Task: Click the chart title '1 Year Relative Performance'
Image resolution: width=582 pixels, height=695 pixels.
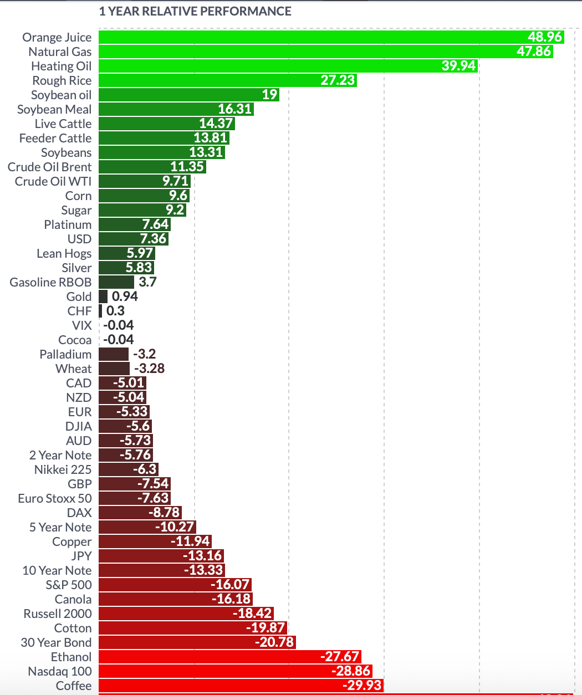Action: [195, 11]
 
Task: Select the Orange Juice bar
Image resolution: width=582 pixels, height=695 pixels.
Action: [310, 37]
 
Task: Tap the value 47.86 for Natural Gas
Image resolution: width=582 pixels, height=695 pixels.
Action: [534, 52]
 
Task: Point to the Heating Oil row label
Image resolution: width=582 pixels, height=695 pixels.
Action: [61, 66]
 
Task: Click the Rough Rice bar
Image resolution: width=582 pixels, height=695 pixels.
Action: [211, 80]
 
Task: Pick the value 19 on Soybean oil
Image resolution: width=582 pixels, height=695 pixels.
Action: [269, 95]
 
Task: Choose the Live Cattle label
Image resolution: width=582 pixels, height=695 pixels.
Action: [63, 124]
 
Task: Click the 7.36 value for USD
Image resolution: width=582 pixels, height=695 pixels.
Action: [153, 239]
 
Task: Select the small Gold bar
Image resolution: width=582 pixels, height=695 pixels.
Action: [103, 297]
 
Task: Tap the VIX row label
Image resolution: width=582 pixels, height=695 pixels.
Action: [81, 325]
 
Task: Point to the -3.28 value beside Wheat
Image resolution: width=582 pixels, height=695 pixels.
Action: [149, 369]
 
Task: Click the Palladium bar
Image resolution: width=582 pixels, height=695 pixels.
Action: [114, 354]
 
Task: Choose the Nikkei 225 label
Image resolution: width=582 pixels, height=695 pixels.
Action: [63, 469]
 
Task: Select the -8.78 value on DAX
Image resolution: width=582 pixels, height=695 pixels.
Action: [164, 513]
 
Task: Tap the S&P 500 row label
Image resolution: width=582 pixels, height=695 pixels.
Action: [69, 585]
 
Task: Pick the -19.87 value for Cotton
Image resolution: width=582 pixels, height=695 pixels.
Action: [265, 628]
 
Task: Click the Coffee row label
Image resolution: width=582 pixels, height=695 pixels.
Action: [74, 686]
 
